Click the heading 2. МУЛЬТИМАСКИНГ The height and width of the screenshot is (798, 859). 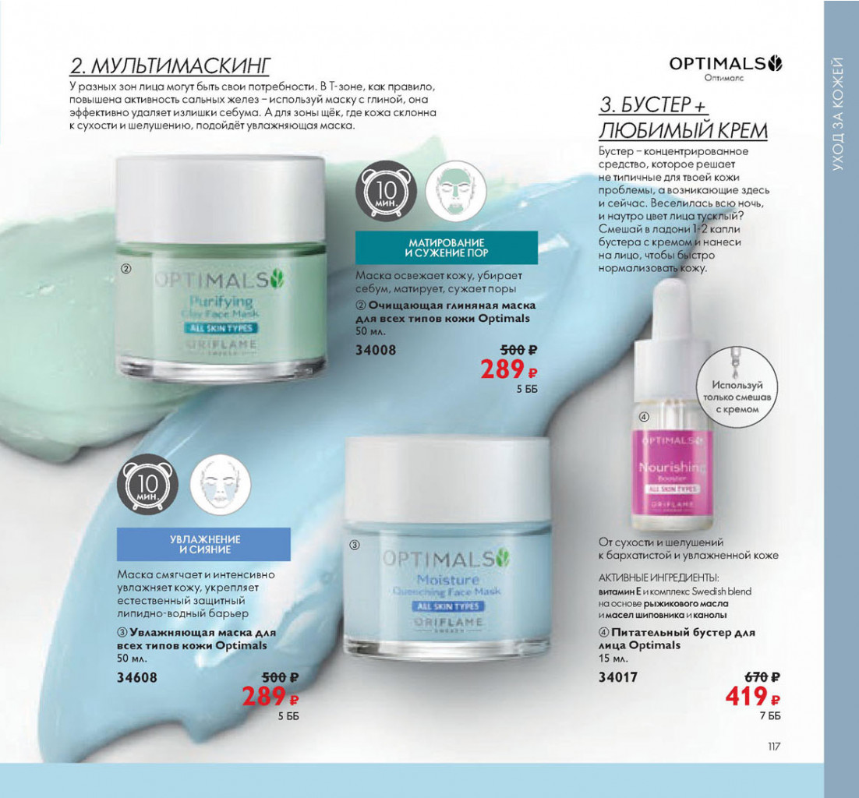[x=170, y=65]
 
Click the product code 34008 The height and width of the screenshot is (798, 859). [x=376, y=350]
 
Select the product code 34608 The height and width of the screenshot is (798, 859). [x=137, y=677]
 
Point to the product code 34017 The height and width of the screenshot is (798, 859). [x=618, y=677]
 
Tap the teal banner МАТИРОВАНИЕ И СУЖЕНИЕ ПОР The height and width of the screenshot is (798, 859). [x=447, y=248]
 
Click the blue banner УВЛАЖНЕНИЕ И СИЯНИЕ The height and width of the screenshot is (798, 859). [x=203, y=545]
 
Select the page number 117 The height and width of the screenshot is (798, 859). [x=773, y=747]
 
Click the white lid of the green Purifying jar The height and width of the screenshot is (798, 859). [x=221, y=199]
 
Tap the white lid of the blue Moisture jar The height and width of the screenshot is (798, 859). [x=447, y=479]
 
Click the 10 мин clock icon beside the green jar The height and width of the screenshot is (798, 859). [x=386, y=191]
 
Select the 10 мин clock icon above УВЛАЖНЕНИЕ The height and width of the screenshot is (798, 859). [x=147, y=485]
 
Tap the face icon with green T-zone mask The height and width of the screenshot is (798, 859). [x=456, y=191]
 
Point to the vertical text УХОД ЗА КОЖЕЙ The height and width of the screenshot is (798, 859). [x=838, y=113]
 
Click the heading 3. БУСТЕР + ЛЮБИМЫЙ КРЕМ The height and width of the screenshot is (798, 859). [x=683, y=118]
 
